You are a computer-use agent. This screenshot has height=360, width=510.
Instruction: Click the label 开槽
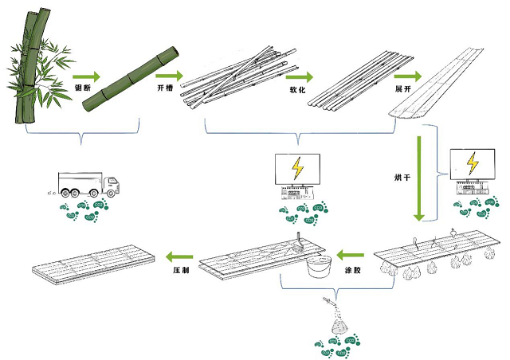tap(166, 88)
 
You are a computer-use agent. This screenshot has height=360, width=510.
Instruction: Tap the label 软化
tap(298, 91)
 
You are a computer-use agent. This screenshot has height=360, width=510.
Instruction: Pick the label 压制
tap(181, 271)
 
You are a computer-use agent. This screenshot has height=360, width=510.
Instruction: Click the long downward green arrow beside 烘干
tap(418, 179)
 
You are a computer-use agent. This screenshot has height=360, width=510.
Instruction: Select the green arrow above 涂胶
tap(352, 255)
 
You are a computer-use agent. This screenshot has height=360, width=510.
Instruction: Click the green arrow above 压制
tap(181, 256)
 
